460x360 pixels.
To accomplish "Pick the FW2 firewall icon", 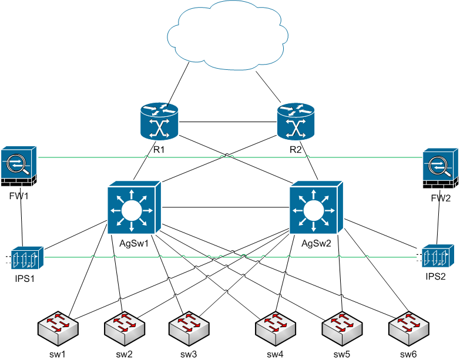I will [439, 169].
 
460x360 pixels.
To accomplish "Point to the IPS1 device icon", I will [25, 257].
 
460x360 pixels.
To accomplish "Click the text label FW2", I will [441, 198].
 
